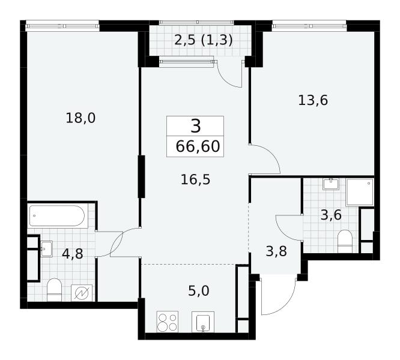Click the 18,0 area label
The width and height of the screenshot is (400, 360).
[80, 118]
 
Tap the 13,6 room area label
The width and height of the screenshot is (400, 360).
[313, 100]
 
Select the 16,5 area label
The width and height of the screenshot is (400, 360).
[195, 179]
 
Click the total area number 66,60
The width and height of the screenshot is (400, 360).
[198, 146]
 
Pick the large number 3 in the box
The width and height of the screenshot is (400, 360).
[196, 127]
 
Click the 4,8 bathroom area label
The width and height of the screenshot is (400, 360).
[73, 254]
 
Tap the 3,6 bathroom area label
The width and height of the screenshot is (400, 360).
[331, 215]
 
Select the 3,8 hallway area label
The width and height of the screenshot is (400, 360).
[276, 251]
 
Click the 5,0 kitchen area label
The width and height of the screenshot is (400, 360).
[199, 291]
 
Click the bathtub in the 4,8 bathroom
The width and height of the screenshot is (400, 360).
[58, 216]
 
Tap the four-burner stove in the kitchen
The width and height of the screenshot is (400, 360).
[168, 322]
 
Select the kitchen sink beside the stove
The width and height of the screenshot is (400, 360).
[203, 322]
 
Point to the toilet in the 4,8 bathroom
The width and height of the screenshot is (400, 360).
[55, 290]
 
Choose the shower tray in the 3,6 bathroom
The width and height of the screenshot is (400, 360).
[360, 192]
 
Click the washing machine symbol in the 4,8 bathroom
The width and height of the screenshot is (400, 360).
[82, 293]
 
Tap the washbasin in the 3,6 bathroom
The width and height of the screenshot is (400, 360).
[331, 184]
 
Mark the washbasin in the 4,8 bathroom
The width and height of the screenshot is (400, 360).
[46, 249]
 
